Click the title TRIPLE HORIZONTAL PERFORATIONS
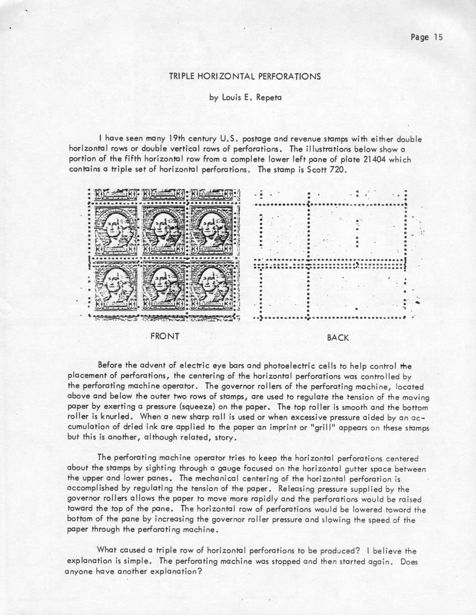pyautogui.click(x=237, y=75)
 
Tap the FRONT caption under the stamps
pyautogui.click(x=164, y=336)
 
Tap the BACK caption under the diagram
pyautogui.click(x=338, y=338)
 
